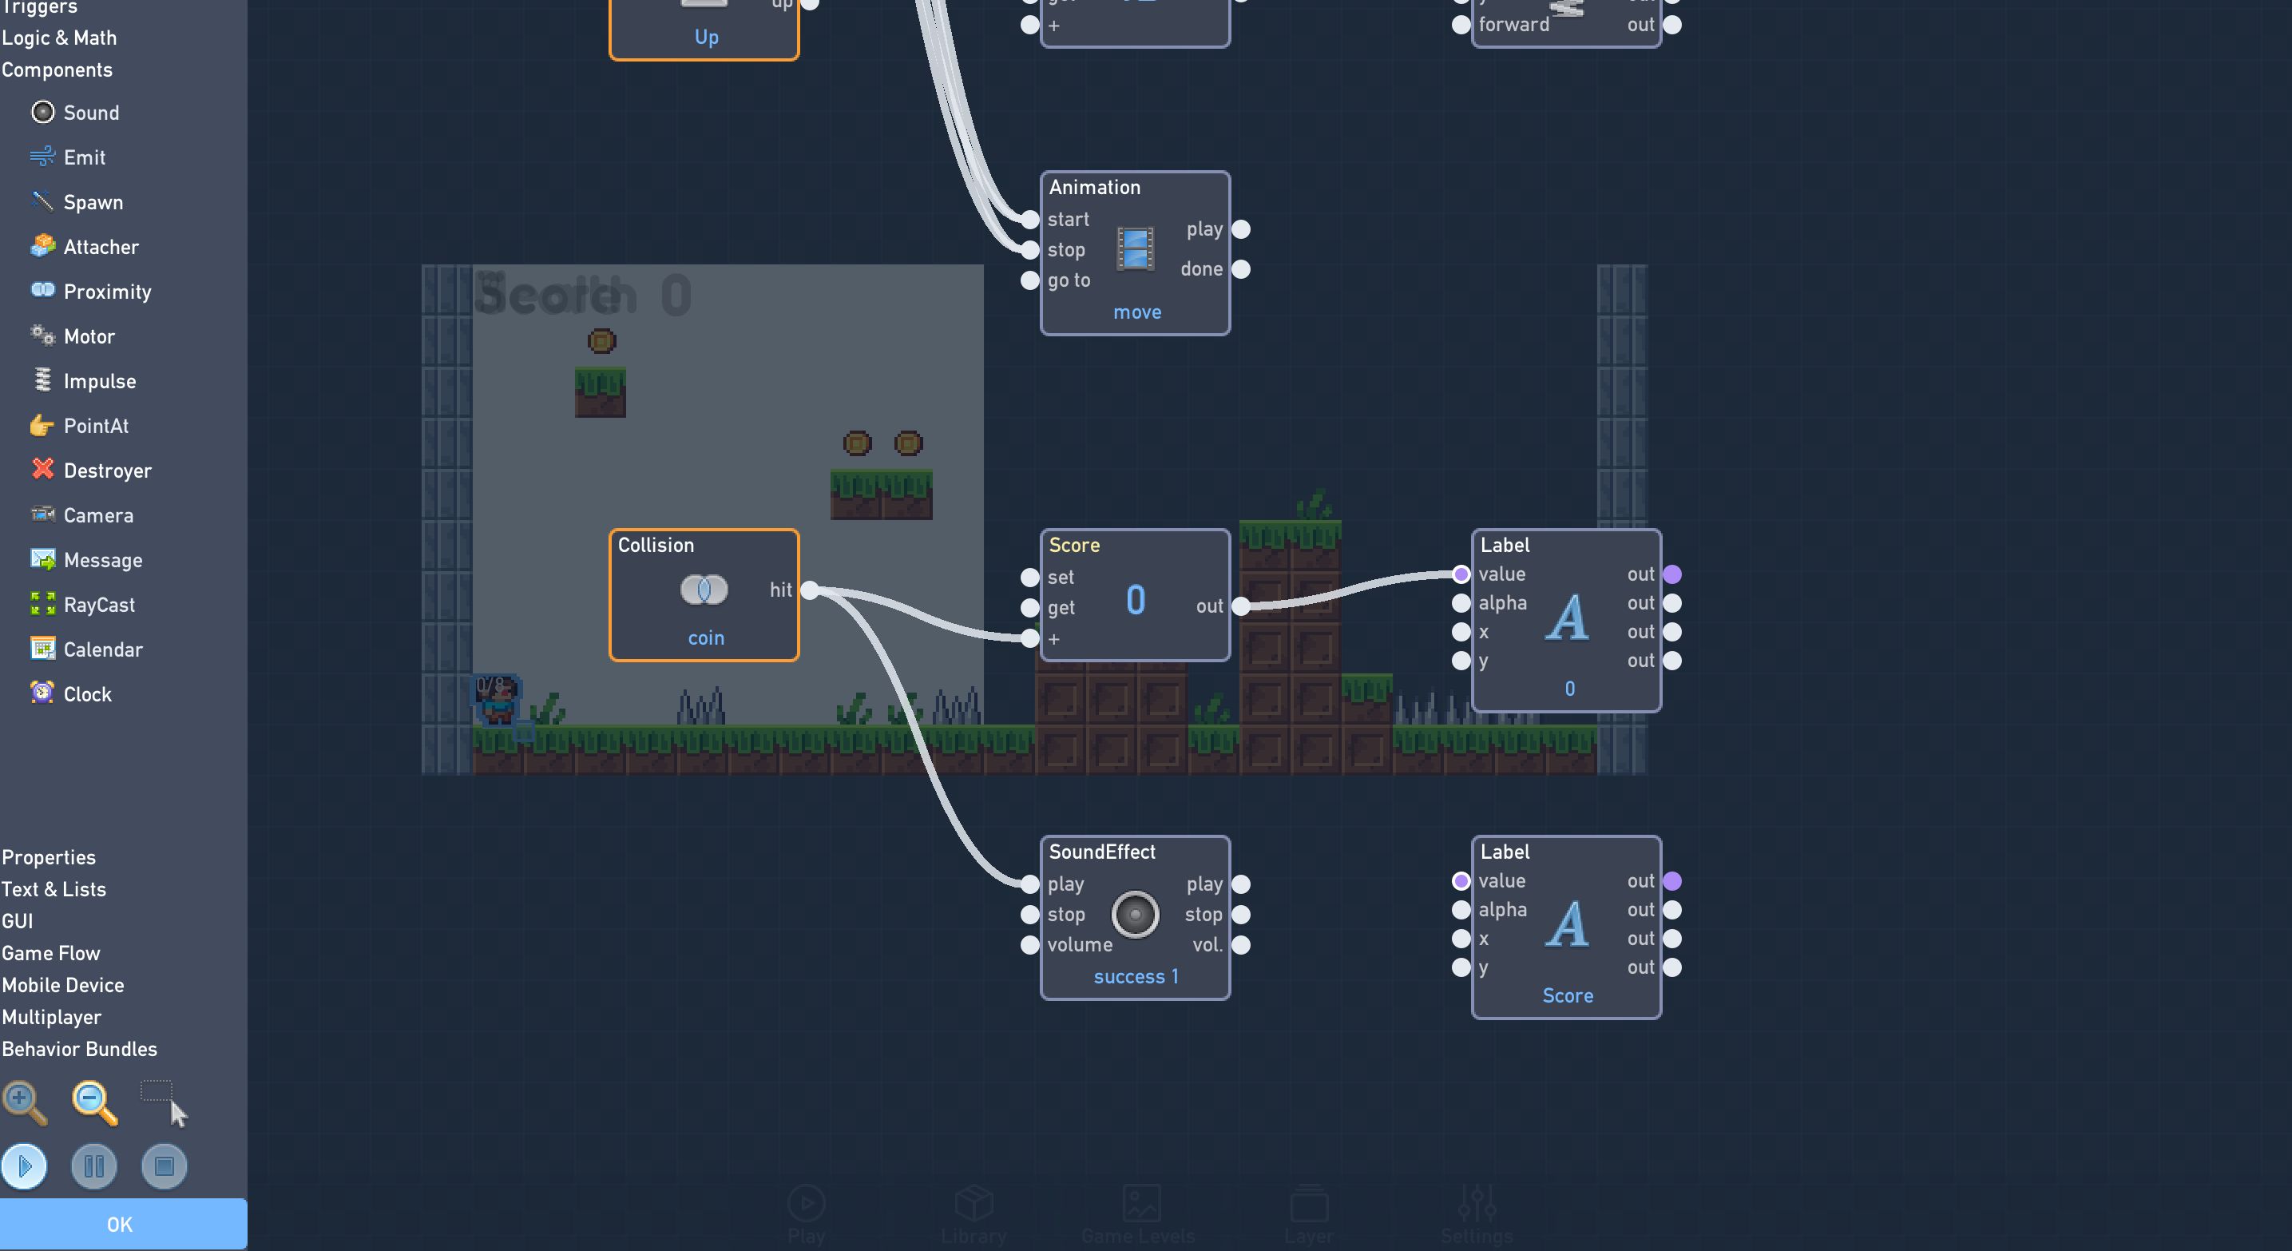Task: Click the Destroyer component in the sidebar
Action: pos(106,471)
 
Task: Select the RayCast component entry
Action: pos(98,605)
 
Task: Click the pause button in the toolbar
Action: pos(94,1166)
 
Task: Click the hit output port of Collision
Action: pos(810,590)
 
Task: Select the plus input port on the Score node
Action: pos(1029,638)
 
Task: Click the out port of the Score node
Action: pos(1241,606)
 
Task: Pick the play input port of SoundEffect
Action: pos(1029,884)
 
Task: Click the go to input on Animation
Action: pos(1029,280)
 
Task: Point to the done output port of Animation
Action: pos(1241,268)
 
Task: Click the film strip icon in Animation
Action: pos(1136,249)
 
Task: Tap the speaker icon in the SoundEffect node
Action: pos(1136,914)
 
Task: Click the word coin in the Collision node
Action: pos(706,638)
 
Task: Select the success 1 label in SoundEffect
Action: pos(1136,977)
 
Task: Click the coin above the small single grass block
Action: pos(601,341)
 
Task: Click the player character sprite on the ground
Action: pos(496,701)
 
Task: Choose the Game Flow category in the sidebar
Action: pos(51,953)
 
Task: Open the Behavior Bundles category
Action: pos(79,1049)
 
